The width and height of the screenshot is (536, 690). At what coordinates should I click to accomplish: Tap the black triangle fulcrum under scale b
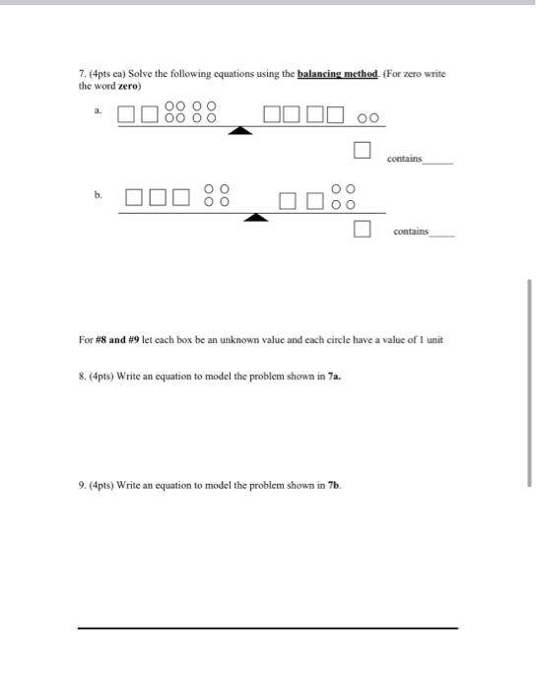(256, 217)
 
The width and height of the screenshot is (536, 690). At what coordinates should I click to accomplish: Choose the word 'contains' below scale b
(411, 231)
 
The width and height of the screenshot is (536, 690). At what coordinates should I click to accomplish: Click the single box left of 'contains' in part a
(362, 151)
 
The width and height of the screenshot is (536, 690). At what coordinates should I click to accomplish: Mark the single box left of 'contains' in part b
(362, 230)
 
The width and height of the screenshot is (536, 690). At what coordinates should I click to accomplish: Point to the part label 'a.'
(99, 111)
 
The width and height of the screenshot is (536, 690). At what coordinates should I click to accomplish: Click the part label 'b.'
(99, 194)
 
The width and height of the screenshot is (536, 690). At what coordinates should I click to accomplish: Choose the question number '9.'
(83, 485)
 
